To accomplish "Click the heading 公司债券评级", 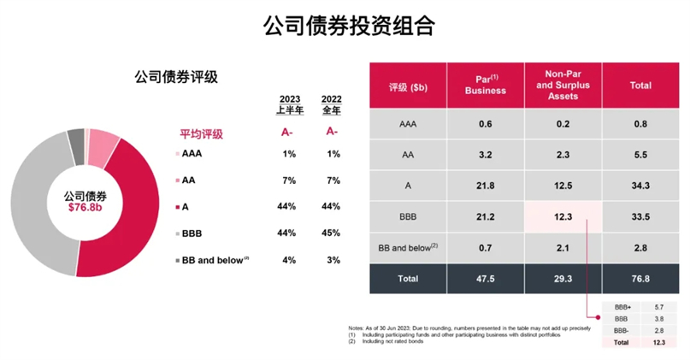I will pos(176,77).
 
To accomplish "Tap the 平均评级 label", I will pos(201,133).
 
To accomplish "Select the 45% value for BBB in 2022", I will pos(333,233).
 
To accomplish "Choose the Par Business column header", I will pos(485,86).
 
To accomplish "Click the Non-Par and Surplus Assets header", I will pos(563,86).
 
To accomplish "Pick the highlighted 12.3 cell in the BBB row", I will pos(563,217).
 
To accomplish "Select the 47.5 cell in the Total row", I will pos(485,278).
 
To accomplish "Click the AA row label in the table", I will pos(408,155).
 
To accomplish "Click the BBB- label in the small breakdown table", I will pos(622,329).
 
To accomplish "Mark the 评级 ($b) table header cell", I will pos(408,86).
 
